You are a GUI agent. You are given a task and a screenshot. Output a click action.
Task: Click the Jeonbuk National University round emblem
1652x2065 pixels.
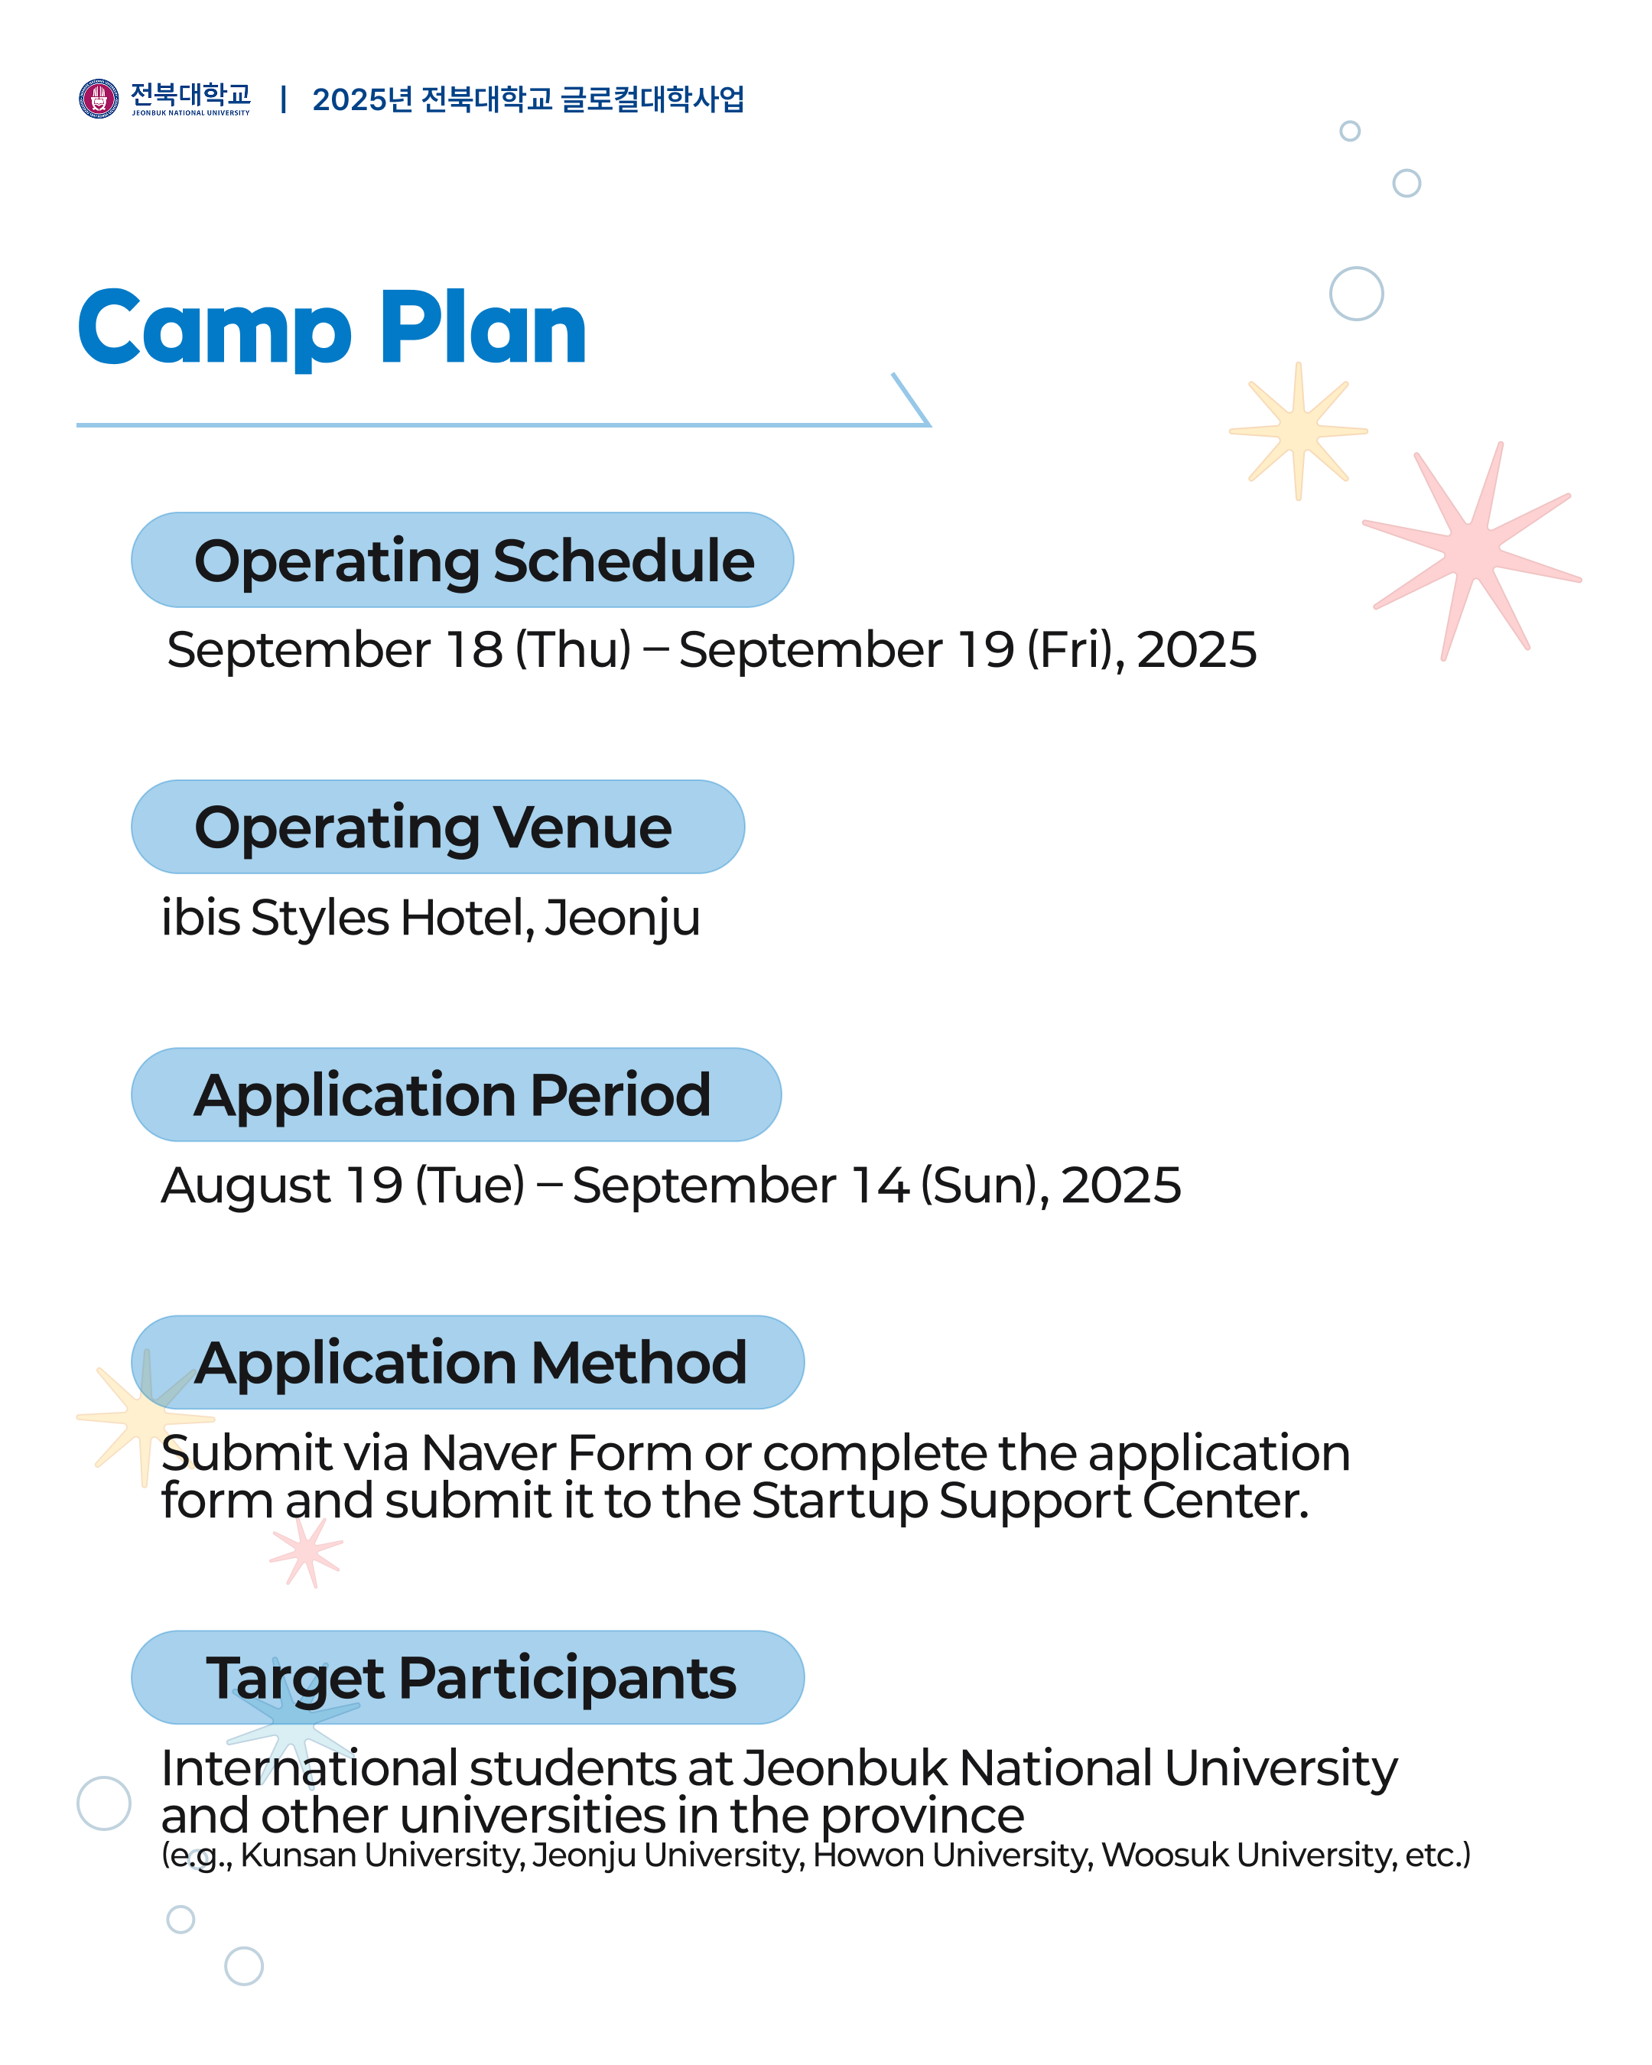98,99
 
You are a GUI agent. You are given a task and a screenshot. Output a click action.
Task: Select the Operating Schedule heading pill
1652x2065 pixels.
462,561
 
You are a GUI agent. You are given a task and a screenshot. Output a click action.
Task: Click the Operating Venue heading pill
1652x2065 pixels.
437,827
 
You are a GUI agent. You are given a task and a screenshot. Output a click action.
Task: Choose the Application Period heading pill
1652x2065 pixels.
456,1094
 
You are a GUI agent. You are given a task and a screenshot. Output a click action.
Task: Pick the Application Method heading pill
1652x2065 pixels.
467,1362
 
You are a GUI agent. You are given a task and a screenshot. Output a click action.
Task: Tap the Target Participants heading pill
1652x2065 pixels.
467,1677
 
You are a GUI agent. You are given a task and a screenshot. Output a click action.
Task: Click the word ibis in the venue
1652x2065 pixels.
199,918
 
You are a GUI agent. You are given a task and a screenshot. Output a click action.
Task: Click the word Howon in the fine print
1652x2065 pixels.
867,1855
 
